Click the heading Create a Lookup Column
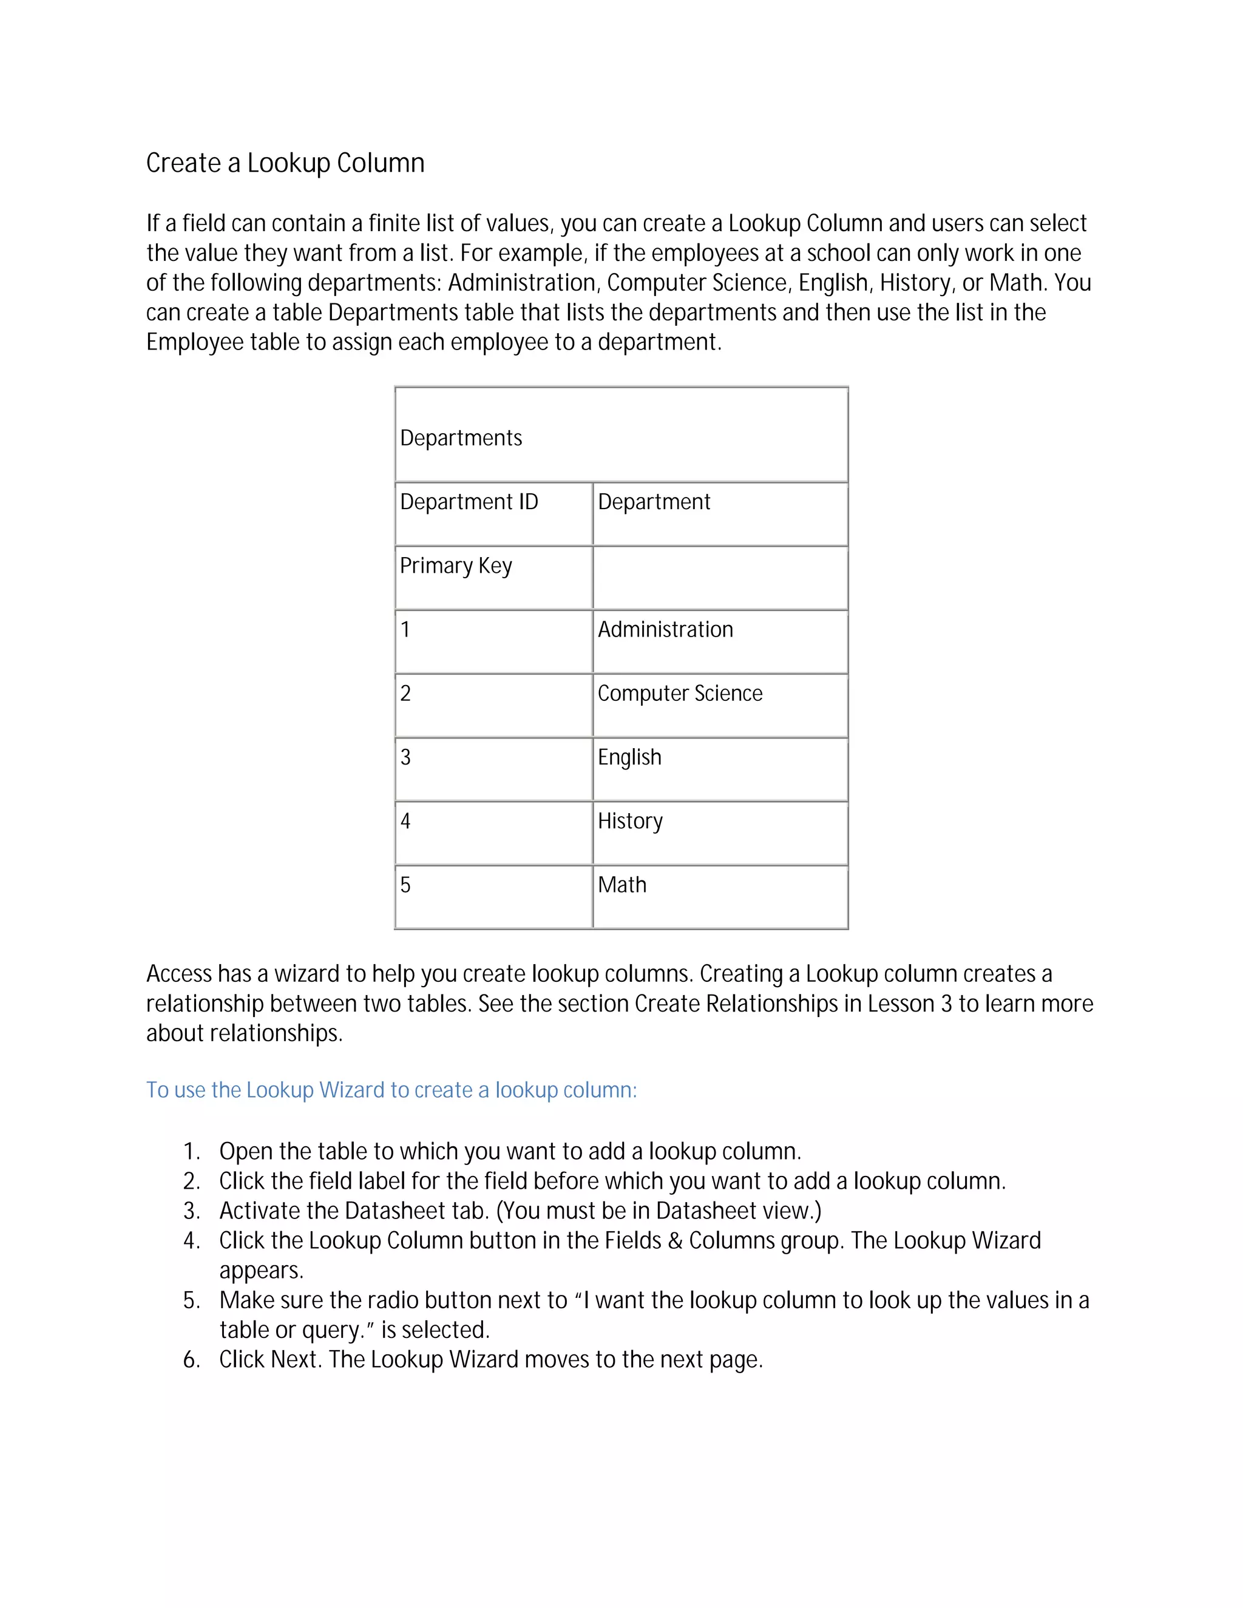(x=285, y=163)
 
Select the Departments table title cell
(x=461, y=438)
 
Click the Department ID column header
(x=469, y=502)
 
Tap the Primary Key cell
(x=456, y=566)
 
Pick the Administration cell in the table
(x=665, y=629)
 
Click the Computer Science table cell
(x=680, y=694)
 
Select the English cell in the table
(x=629, y=758)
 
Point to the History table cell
(x=631, y=821)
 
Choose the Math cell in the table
(x=622, y=885)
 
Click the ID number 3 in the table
(x=405, y=758)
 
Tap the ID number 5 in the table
(x=405, y=885)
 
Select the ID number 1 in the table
(x=405, y=629)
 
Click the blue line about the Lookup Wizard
(x=391, y=1090)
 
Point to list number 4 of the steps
(x=191, y=1241)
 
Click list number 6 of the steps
(x=191, y=1360)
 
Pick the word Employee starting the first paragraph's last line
(x=194, y=342)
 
